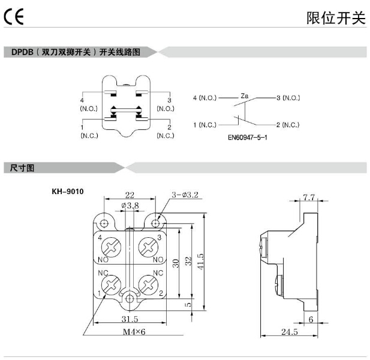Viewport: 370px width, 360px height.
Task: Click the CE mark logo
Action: pyautogui.click(x=13, y=17)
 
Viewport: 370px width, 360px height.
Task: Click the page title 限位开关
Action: pyautogui.click(x=336, y=18)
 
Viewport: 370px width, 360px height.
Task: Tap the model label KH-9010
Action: pyautogui.click(x=67, y=192)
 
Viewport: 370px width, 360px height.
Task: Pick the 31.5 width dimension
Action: pyautogui.click(x=130, y=320)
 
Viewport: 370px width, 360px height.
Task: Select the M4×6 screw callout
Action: pyautogui.click(x=135, y=333)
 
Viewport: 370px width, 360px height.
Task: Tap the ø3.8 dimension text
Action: pyautogui.click(x=130, y=205)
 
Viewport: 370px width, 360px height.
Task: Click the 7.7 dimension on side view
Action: pyautogui.click(x=309, y=198)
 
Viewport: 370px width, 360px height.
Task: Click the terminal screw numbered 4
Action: pyautogui.click(x=112, y=247)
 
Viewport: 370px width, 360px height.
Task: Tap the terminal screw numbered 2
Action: pyautogui.click(x=148, y=282)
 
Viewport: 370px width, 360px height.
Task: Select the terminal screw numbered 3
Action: pyautogui.click(x=148, y=247)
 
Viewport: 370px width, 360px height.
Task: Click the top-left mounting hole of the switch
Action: pyautogui.click(x=106, y=223)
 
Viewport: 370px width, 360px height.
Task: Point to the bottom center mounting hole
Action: pyautogui.click(x=130, y=297)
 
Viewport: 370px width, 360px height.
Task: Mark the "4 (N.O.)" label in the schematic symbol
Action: pyautogui.click(x=204, y=97)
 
